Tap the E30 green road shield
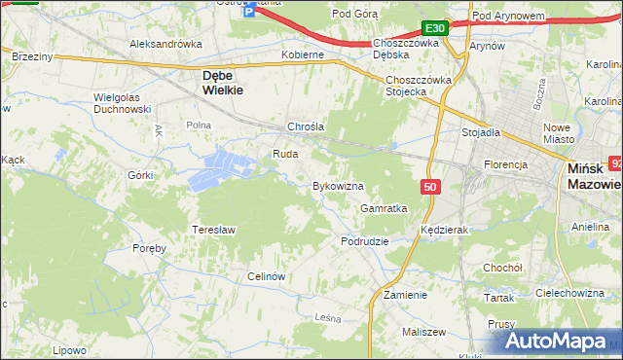click(435, 29)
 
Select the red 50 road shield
click(431, 185)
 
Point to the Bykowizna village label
click(338, 185)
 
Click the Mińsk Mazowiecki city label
click(593, 175)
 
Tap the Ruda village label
click(284, 154)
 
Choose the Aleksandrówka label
click(165, 44)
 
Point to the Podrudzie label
click(365, 240)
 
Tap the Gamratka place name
click(384, 208)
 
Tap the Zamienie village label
click(406, 294)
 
